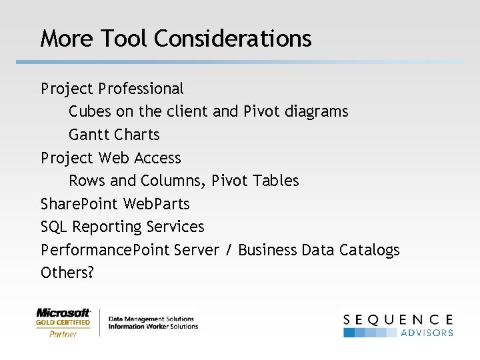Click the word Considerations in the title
(x=233, y=39)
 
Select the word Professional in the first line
(x=141, y=89)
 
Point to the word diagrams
(x=316, y=111)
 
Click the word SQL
(x=54, y=227)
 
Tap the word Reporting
(x=105, y=227)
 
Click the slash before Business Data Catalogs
(x=229, y=250)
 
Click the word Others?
(x=67, y=273)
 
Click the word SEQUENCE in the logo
(x=399, y=319)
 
